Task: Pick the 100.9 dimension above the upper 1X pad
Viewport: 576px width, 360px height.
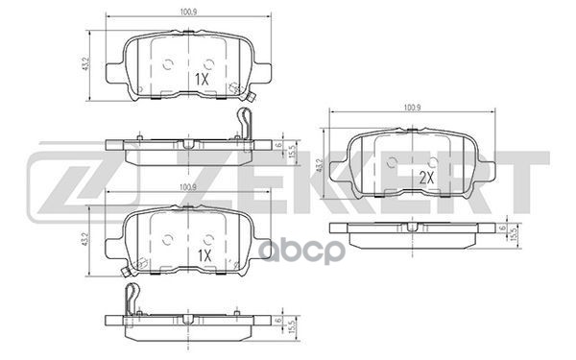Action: tap(186, 13)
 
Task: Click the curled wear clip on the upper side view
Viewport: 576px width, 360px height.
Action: tap(245, 125)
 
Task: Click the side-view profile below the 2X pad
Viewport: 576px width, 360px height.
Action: tap(413, 228)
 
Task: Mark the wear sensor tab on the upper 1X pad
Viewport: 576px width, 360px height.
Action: tap(249, 97)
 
